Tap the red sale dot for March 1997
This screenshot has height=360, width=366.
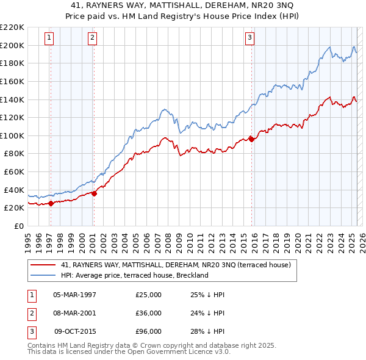tap(51, 204)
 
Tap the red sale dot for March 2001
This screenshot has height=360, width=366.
tap(95, 194)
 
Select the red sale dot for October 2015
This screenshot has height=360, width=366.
tap(252, 140)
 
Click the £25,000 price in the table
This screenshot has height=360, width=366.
tap(148, 295)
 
